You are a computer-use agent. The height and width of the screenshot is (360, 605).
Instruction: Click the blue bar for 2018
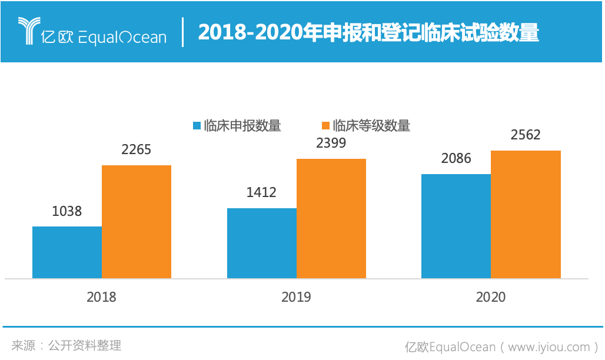(67, 252)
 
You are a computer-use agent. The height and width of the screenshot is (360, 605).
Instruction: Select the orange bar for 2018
(137, 222)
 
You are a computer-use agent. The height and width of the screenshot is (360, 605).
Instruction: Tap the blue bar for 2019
(261, 243)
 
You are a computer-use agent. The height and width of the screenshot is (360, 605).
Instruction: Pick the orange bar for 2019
(331, 218)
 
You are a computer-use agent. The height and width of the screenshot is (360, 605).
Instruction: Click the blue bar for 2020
(456, 226)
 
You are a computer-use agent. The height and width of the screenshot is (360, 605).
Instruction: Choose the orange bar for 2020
(526, 214)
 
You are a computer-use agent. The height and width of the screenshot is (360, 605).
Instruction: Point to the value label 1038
(67, 211)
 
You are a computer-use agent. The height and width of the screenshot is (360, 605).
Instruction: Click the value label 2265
(137, 149)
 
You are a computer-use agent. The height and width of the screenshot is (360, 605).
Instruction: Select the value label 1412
(261, 192)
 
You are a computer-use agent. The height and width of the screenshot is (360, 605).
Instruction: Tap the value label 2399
(331, 143)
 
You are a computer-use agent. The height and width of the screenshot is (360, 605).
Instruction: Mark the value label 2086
(456, 158)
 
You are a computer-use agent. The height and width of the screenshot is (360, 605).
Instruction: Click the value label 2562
(526, 135)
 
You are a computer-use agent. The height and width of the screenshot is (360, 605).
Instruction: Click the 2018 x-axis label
(101, 297)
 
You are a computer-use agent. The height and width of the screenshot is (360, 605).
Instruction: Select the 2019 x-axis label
(296, 297)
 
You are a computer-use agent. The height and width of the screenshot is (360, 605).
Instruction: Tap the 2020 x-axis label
(491, 297)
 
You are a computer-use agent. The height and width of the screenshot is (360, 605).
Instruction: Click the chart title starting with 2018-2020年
(368, 32)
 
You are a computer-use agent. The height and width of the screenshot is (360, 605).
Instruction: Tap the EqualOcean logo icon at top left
(28, 31)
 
